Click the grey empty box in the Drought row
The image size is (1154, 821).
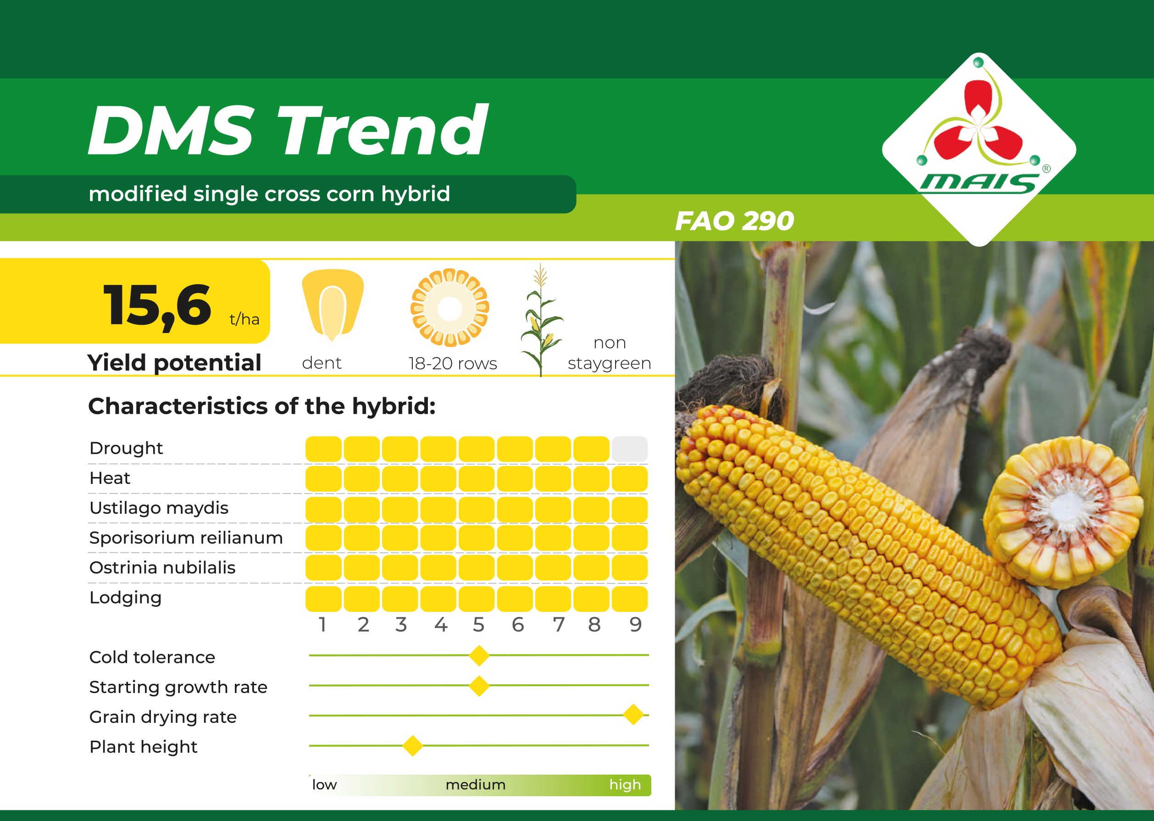click(629, 449)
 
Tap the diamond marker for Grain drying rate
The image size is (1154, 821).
click(633, 715)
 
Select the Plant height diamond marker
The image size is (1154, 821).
click(413, 745)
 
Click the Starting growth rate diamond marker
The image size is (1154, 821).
click(479, 686)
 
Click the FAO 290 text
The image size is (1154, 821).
click(734, 221)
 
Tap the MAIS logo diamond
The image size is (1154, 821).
click(979, 150)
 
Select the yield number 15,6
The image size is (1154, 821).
click(157, 305)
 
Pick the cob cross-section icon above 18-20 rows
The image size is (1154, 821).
click(450, 308)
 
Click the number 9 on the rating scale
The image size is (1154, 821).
click(635, 625)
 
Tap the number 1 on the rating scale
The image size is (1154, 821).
click(322, 625)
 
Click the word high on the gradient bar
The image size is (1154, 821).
click(625, 785)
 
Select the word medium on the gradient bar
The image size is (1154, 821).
click(475, 785)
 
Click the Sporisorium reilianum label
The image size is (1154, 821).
click(186, 538)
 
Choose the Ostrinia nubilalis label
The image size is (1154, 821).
click(162, 567)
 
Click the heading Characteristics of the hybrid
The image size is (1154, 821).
click(262, 406)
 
